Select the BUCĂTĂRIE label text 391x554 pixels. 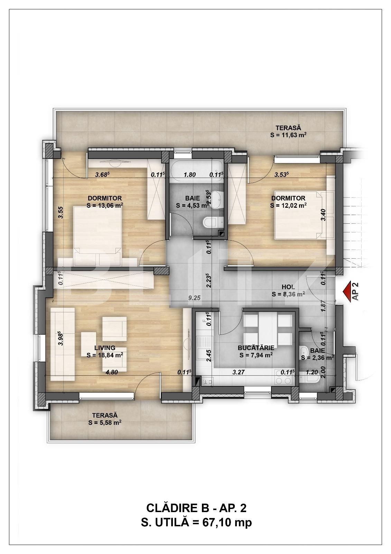[x=256, y=348]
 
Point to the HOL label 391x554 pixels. [x=288, y=287]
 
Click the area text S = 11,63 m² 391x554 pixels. [x=288, y=135]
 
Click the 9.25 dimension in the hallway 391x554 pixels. [x=194, y=298]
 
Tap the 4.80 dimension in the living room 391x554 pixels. [x=112, y=372]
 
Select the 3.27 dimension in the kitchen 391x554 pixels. [x=239, y=372]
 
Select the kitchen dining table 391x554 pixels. [x=265, y=327]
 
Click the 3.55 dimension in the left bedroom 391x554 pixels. [x=62, y=212]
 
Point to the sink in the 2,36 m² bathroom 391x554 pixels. [x=303, y=351]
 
